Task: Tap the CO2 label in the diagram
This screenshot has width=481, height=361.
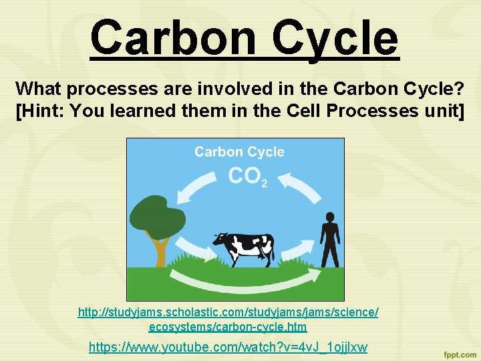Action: [247, 176]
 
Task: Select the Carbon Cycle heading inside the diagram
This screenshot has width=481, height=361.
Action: [239, 152]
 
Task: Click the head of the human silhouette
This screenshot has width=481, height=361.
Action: [329, 218]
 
